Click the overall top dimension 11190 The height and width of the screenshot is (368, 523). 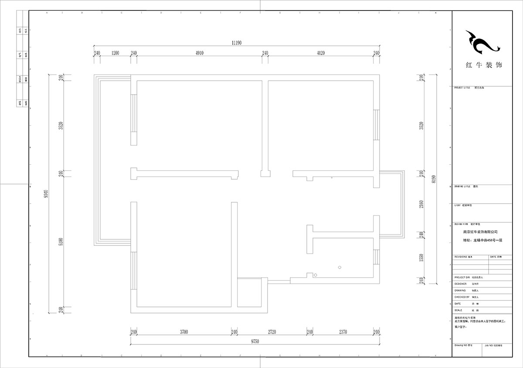(x=237, y=43)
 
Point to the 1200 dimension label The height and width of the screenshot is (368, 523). (x=115, y=53)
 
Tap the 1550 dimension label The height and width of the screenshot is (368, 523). (x=421, y=258)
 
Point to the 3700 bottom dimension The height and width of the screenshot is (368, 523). (x=183, y=332)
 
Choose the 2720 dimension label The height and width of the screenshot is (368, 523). (x=272, y=332)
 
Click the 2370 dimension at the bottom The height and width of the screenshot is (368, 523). (x=343, y=332)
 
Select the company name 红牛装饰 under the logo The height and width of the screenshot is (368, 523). (x=484, y=65)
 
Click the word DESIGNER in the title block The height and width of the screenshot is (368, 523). (x=460, y=284)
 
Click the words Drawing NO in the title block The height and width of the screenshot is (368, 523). (x=460, y=345)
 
